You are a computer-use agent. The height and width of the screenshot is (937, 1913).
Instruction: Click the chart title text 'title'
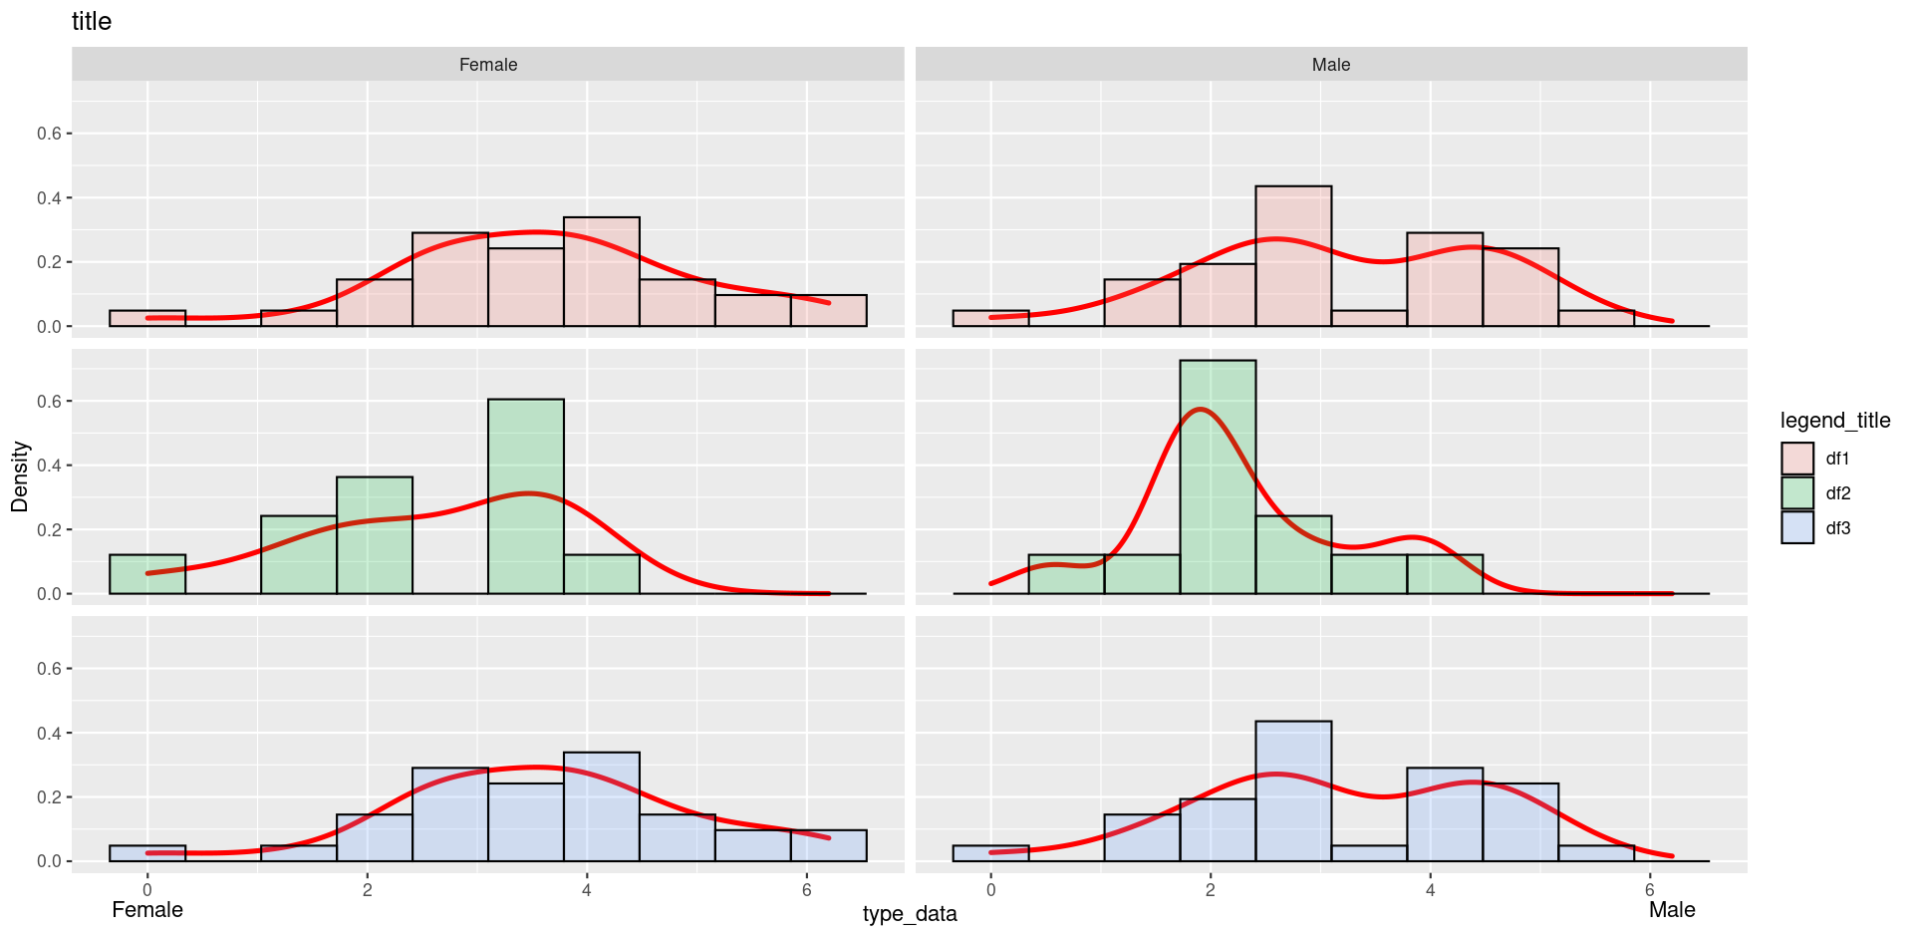coord(92,21)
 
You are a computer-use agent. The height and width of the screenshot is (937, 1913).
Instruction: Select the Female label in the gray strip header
coord(488,65)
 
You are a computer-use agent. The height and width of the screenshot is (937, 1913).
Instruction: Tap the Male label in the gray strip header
coord(1331,65)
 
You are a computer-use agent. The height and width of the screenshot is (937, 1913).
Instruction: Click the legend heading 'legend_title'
coord(1835,421)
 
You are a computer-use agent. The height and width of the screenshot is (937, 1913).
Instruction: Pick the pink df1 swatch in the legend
coord(1797,459)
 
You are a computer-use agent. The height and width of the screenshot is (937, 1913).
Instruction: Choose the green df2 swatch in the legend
coord(1797,493)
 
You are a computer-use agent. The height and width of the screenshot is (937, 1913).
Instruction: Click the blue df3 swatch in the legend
coord(1797,528)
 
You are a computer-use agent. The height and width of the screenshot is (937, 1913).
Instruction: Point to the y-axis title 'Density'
coord(20,476)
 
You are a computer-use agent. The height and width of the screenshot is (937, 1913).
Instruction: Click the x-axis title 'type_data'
coord(910,914)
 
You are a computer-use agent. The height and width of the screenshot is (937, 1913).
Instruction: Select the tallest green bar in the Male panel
coord(1218,477)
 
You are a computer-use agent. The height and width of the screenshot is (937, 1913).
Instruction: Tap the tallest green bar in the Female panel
coord(526,496)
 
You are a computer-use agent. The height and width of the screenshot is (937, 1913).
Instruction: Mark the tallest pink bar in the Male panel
coord(1293,256)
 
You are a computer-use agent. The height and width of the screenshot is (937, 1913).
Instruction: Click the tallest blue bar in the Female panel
coord(602,807)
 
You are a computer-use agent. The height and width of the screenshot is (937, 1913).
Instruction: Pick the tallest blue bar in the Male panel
coord(1293,791)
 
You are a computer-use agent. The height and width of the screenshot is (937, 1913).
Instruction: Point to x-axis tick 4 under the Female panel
coord(587,890)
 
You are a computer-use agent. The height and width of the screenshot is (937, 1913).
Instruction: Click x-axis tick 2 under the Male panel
coord(1211,890)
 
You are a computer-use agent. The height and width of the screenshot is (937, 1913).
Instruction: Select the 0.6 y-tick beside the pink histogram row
coord(50,134)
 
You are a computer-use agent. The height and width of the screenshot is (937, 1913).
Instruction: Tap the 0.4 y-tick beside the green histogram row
coord(50,466)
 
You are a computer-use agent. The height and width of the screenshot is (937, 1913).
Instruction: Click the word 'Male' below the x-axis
coord(1672,910)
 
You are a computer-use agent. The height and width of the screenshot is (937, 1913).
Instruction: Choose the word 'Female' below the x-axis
coord(147,910)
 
